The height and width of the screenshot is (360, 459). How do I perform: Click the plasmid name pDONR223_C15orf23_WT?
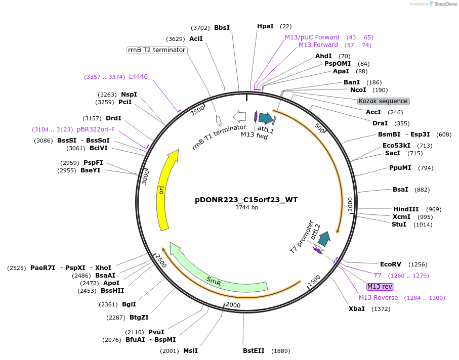click(x=246, y=200)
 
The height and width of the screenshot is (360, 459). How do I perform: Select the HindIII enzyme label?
click(x=406, y=209)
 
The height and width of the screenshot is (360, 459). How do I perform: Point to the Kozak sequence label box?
click(x=383, y=101)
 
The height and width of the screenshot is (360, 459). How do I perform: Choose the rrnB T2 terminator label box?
click(x=156, y=50)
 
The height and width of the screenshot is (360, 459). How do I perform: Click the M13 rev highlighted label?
click(x=380, y=287)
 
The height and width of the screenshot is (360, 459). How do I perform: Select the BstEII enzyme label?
click(x=253, y=351)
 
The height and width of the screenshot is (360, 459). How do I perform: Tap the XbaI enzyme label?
click(x=356, y=309)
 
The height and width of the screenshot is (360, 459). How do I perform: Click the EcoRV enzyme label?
click(x=390, y=264)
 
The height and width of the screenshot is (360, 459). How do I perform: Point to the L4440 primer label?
click(x=138, y=77)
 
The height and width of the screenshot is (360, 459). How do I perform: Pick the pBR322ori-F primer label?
click(x=96, y=129)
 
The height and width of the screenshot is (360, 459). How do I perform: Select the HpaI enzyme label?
click(x=265, y=26)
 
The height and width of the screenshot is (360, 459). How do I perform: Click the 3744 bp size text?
click(x=246, y=208)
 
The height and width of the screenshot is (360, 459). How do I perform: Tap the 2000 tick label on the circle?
click(x=233, y=305)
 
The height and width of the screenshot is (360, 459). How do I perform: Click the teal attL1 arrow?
click(x=265, y=119)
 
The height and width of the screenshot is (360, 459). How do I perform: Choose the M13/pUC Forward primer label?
click(x=312, y=37)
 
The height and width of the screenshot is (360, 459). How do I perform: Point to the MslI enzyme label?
click(x=190, y=351)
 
